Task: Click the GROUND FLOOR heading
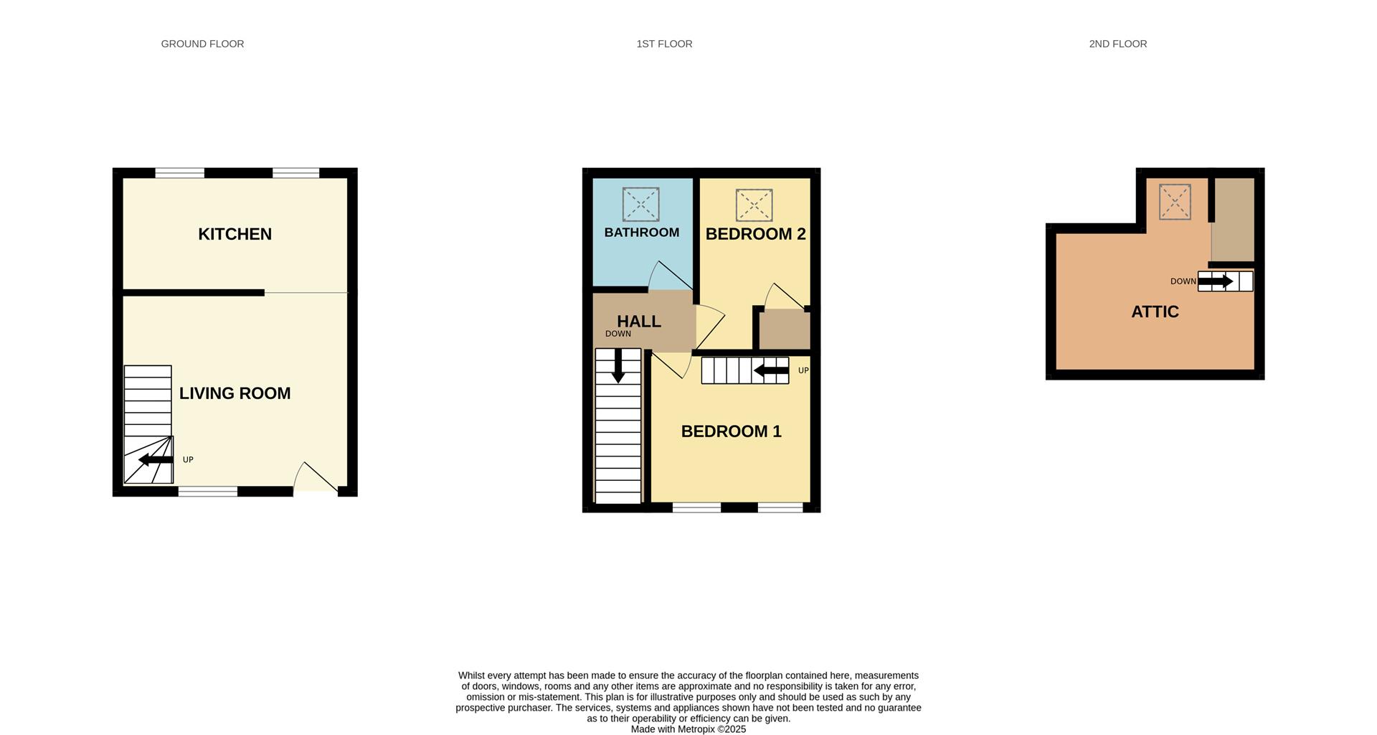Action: coord(202,44)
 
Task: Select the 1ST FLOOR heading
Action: coord(664,44)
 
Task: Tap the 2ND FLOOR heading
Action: coord(1117,44)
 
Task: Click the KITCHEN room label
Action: coord(235,234)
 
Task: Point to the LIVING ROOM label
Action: coord(235,393)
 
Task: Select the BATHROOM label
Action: coord(641,233)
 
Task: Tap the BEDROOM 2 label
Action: coord(755,234)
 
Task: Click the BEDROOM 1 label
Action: coord(731,431)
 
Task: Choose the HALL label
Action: coord(638,322)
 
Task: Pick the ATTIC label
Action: coord(1155,312)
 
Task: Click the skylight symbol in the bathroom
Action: coord(640,205)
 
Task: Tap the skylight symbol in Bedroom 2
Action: coord(754,205)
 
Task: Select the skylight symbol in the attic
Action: coord(1175,202)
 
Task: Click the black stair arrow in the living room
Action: coord(156,459)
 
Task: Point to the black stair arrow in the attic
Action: coord(1216,281)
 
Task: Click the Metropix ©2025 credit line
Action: coord(688,729)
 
